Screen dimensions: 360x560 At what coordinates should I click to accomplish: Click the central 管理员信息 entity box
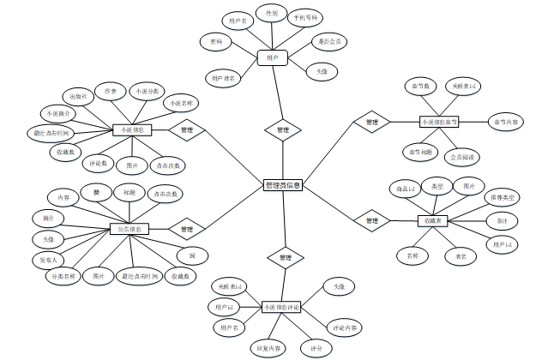pos(282,184)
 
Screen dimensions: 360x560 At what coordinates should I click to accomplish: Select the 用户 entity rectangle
pos(272,57)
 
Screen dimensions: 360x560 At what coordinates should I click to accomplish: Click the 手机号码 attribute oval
pos(303,17)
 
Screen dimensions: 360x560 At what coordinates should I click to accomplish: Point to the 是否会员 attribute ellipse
pos(328,40)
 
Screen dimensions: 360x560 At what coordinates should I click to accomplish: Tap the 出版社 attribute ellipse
pos(77,96)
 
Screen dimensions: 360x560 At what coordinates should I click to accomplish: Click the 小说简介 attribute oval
pos(55,113)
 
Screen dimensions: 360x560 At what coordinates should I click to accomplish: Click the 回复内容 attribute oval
pos(268,348)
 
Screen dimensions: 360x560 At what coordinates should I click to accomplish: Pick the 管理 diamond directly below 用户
pos(282,130)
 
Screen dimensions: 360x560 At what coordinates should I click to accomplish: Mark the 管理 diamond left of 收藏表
pos(371,221)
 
